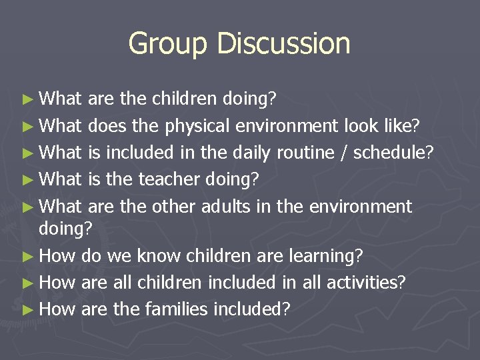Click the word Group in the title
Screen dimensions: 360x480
click(x=160, y=44)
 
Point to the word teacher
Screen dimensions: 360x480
click(x=170, y=180)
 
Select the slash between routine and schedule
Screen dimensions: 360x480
click(x=344, y=153)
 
